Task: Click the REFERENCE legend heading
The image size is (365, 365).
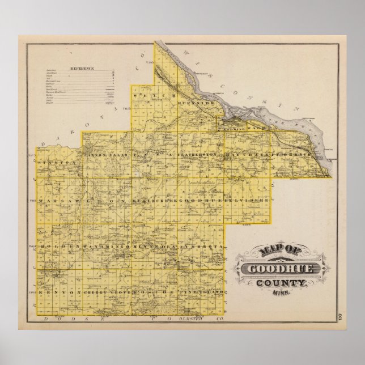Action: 82,67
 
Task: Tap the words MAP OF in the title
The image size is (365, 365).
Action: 275,251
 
